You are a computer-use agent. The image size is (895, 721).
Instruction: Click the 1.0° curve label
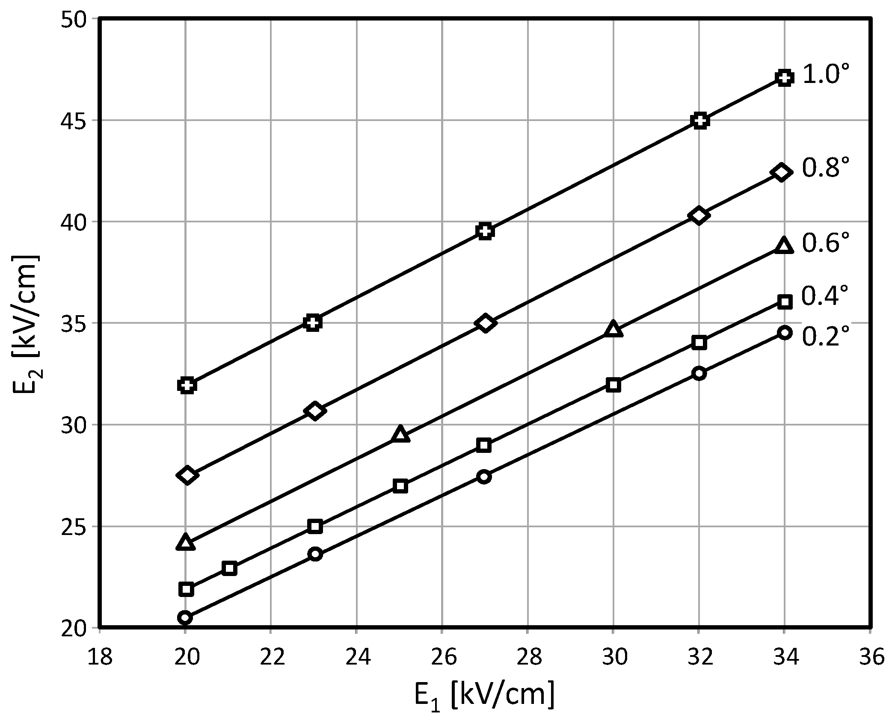tap(825, 75)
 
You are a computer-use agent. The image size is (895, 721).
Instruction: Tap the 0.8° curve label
tap(825, 168)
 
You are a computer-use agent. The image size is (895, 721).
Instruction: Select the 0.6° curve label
tap(825, 243)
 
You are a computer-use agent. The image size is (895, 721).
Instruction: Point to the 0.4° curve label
tap(824, 296)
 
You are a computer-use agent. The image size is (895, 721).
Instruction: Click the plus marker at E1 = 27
tap(485, 231)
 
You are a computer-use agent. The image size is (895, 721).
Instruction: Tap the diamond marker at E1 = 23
tap(315, 411)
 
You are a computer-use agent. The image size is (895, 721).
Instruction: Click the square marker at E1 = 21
tap(229, 568)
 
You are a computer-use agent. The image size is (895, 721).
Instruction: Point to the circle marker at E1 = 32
tap(699, 373)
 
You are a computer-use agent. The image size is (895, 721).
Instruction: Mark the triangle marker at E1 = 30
tap(613, 329)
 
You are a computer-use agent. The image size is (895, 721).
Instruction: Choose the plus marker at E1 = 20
tap(187, 385)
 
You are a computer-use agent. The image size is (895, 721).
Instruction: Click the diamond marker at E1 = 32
tap(699, 216)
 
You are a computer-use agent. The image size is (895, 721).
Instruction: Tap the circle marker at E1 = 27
tap(484, 477)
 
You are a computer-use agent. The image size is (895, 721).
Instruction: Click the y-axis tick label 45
tap(73, 121)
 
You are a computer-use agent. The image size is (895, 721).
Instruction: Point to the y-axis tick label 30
tap(73, 426)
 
